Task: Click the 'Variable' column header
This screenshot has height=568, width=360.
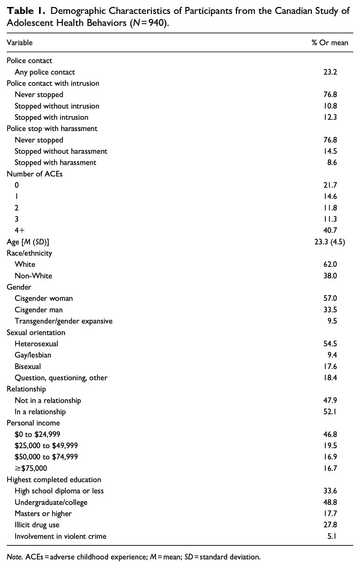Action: pyautogui.click(x=19, y=42)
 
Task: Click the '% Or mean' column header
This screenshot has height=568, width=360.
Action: pyautogui.click(x=330, y=42)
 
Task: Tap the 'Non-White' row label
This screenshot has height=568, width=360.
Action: pyautogui.click(x=34, y=275)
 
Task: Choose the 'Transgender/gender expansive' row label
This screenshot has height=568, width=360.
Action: pyautogui.click(x=64, y=321)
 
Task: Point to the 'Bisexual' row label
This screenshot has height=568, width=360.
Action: pyautogui.click(x=28, y=366)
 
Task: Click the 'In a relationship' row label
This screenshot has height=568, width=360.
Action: pyautogui.click(x=40, y=411)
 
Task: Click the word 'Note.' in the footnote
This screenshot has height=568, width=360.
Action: pyautogui.click(x=14, y=557)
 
